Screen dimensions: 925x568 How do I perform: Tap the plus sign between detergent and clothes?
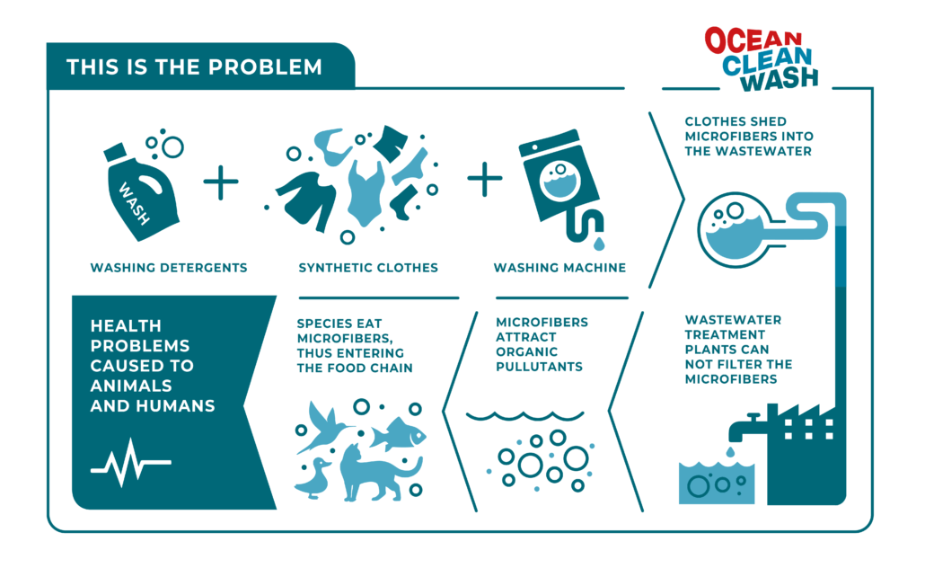tap(221, 182)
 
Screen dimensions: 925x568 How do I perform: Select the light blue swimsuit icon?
tap(366, 192)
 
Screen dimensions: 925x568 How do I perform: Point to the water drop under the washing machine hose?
tap(599, 244)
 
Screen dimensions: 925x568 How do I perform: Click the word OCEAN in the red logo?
tap(753, 41)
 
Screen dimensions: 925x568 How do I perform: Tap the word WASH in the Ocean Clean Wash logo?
tap(780, 79)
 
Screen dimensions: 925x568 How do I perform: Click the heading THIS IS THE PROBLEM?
tap(194, 67)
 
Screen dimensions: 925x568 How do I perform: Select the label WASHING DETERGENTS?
tap(169, 268)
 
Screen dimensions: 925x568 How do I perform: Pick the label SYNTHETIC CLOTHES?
tap(368, 268)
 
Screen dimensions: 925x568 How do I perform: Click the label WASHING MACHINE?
tap(559, 268)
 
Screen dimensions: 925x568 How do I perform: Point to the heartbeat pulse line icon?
tap(131, 463)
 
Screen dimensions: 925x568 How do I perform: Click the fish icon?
tap(399, 435)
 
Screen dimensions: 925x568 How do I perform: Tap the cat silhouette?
tap(377, 473)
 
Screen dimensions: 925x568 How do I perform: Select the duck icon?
tap(313, 478)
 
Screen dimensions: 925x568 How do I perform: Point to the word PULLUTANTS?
tap(539, 367)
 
